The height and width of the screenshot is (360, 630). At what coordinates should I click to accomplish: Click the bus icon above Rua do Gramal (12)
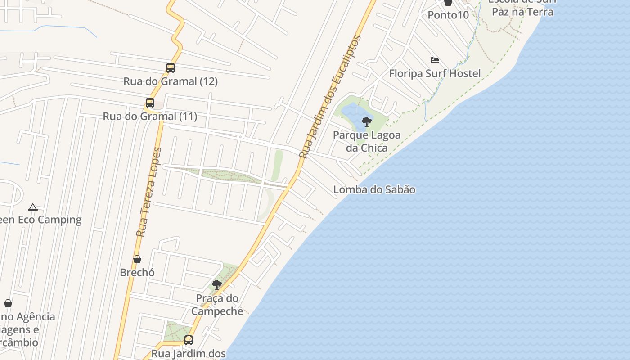pyautogui.click(x=170, y=68)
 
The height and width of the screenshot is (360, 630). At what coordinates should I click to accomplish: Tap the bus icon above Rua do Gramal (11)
pyautogui.click(x=150, y=103)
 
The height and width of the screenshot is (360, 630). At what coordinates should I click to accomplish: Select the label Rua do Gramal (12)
pyautogui.click(x=171, y=81)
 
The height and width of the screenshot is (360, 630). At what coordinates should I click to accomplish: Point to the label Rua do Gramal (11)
pyautogui.click(x=150, y=117)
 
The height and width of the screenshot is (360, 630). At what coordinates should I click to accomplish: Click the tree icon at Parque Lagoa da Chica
pyautogui.click(x=367, y=121)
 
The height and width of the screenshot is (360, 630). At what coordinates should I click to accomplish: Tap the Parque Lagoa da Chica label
pyautogui.click(x=367, y=141)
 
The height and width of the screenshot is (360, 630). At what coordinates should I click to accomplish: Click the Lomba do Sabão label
pyautogui.click(x=374, y=189)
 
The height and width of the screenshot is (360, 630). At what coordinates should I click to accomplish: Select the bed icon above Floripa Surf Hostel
pyautogui.click(x=434, y=60)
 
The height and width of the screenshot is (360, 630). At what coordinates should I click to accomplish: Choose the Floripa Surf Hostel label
pyautogui.click(x=435, y=73)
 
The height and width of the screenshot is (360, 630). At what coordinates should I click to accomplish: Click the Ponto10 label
pyautogui.click(x=448, y=15)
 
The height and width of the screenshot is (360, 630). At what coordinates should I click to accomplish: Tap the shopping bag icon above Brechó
pyautogui.click(x=137, y=259)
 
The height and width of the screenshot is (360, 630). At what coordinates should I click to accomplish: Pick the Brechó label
pyautogui.click(x=137, y=272)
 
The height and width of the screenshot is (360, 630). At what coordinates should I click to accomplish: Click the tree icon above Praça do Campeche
pyautogui.click(x=217, y=284)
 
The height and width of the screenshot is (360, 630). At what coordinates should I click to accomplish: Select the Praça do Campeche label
pyautogui.click(x=217, y=305)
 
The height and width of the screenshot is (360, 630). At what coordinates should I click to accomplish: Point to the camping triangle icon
pyautogui.click(x=32, y=207)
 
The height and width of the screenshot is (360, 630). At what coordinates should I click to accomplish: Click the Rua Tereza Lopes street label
pyautogui.click(x=149, y=192)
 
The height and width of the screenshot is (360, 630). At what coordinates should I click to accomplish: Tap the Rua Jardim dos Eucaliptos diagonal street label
pyautogui.click(x=330, y=97)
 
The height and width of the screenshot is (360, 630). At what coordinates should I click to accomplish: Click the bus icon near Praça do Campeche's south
pyautogui.click(x=189, y=340)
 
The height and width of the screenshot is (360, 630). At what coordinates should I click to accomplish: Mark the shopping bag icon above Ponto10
pyautogui.click(x=448, y=2)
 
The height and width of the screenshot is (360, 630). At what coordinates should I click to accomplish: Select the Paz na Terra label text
pyautogui.click(x=522, y=12)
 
